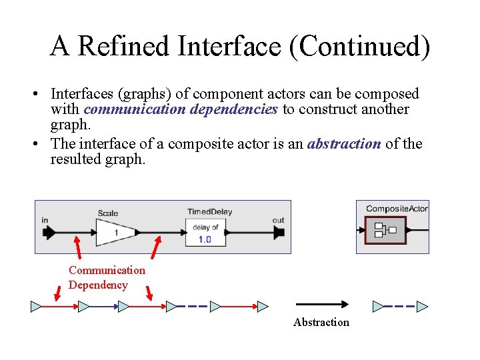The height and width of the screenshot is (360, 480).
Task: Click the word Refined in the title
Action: coord(124,46)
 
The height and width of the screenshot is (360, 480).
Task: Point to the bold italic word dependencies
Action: coord(233,109)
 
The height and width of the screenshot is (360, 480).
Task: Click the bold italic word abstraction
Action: coord(344,143)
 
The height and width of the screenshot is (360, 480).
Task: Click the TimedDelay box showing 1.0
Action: coord(205,233)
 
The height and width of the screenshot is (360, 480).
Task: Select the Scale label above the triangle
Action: coord(108,213)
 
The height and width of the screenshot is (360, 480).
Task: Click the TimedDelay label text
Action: coord(209,212)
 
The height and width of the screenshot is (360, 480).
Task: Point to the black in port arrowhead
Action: coord(49,233)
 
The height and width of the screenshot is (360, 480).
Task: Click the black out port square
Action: coord(279,233)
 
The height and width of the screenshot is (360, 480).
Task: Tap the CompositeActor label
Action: coord(397,209)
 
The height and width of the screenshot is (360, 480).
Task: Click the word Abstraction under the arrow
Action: coord(321,323)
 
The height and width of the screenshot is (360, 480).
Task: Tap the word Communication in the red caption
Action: coord(107,270)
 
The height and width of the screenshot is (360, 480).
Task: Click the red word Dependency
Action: coord(98,285)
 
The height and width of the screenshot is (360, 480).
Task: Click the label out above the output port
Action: coord(278,220)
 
